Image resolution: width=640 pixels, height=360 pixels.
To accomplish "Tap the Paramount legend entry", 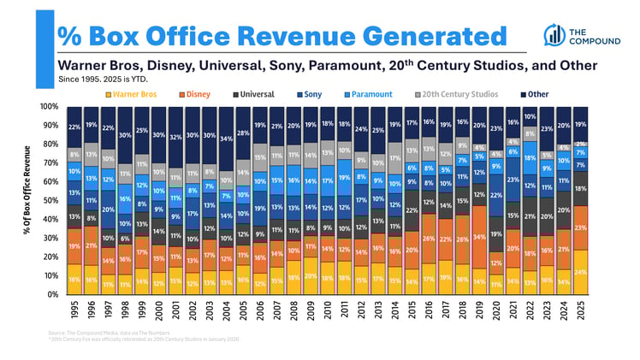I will tap(370, 94).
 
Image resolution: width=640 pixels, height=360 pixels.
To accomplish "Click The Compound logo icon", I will tap(553, 33).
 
